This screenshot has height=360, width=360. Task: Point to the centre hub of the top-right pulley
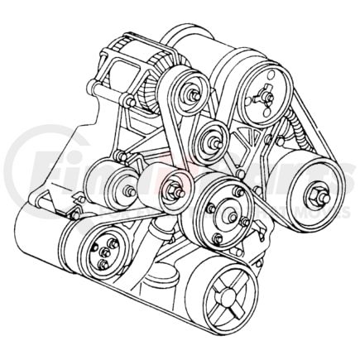266,98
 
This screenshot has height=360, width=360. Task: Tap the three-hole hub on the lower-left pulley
103,252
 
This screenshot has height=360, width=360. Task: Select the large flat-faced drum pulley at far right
314,199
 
